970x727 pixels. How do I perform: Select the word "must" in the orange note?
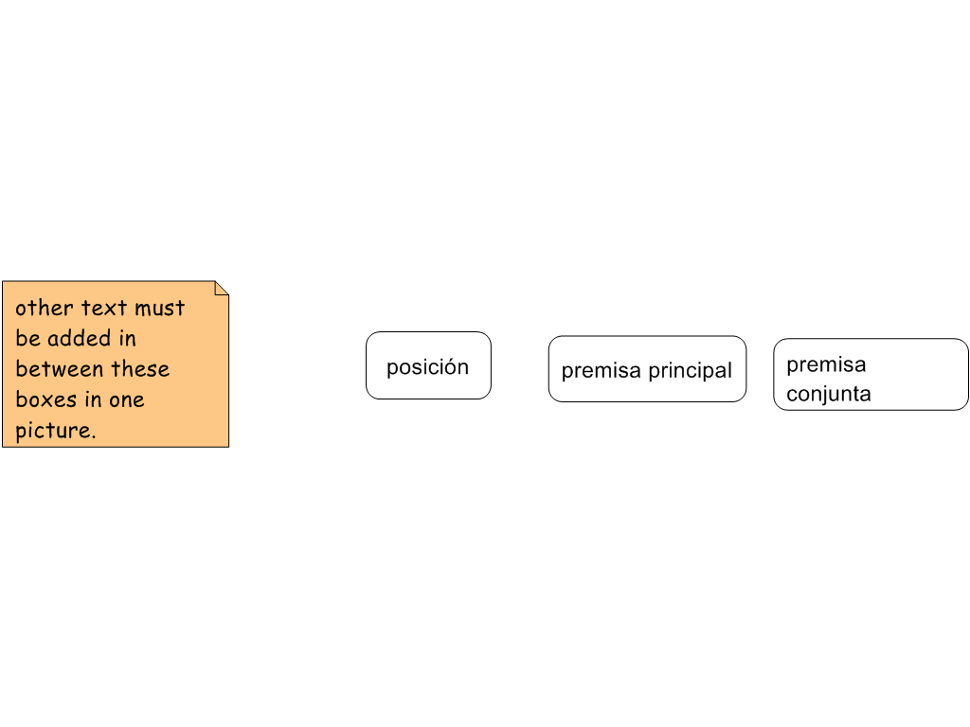[159, 308]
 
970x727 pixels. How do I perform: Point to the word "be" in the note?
[27, 338]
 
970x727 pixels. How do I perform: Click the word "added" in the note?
[79, 338]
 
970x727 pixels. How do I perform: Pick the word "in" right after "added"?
[127, 338]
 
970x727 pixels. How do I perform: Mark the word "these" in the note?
[140, 368]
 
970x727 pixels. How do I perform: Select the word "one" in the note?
[126, 399]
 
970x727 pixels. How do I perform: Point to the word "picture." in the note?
[56, 430]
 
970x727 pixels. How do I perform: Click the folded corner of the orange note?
[221, 289]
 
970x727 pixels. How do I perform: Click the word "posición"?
[427, 367]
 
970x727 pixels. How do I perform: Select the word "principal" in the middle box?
[690, 370]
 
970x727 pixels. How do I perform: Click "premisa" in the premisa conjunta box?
[826, 364]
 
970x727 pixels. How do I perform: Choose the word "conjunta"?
[829, 394]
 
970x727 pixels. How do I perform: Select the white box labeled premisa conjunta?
[909, 374]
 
